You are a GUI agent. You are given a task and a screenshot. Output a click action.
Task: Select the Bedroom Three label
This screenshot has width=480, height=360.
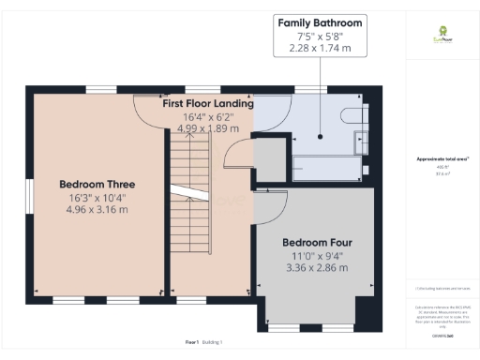coord(97,184)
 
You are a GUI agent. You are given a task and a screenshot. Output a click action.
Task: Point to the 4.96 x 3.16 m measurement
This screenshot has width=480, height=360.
coord(97,210)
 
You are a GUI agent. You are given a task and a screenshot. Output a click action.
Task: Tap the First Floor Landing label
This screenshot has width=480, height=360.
coord(206,103)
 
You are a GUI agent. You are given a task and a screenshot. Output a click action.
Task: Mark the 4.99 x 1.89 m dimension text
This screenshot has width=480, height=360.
coord(206,129)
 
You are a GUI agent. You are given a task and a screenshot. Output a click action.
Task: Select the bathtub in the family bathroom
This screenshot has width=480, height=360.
coord(324,169)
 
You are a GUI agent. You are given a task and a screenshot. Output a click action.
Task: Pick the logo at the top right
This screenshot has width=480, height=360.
coord(436,40)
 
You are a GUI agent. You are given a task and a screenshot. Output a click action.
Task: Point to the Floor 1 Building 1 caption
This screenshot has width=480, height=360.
coord(209,343)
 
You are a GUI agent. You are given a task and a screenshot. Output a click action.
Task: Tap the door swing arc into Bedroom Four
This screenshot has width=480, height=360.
coord(272,204)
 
